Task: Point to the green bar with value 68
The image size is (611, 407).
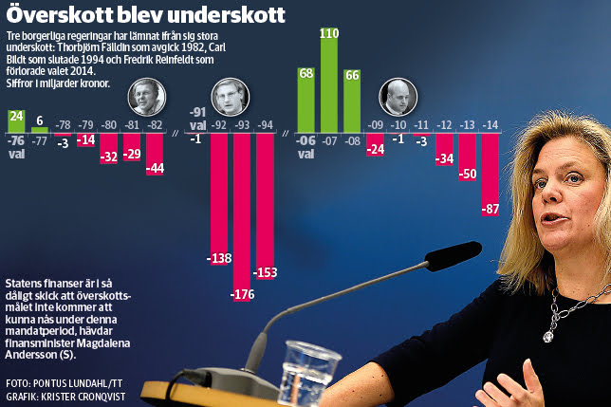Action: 306,98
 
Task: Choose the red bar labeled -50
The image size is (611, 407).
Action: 467,157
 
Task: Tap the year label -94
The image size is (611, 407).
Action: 267,124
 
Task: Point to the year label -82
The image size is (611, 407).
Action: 155,124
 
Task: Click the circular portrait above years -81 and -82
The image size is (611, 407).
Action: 148,97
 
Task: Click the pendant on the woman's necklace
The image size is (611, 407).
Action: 548,334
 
